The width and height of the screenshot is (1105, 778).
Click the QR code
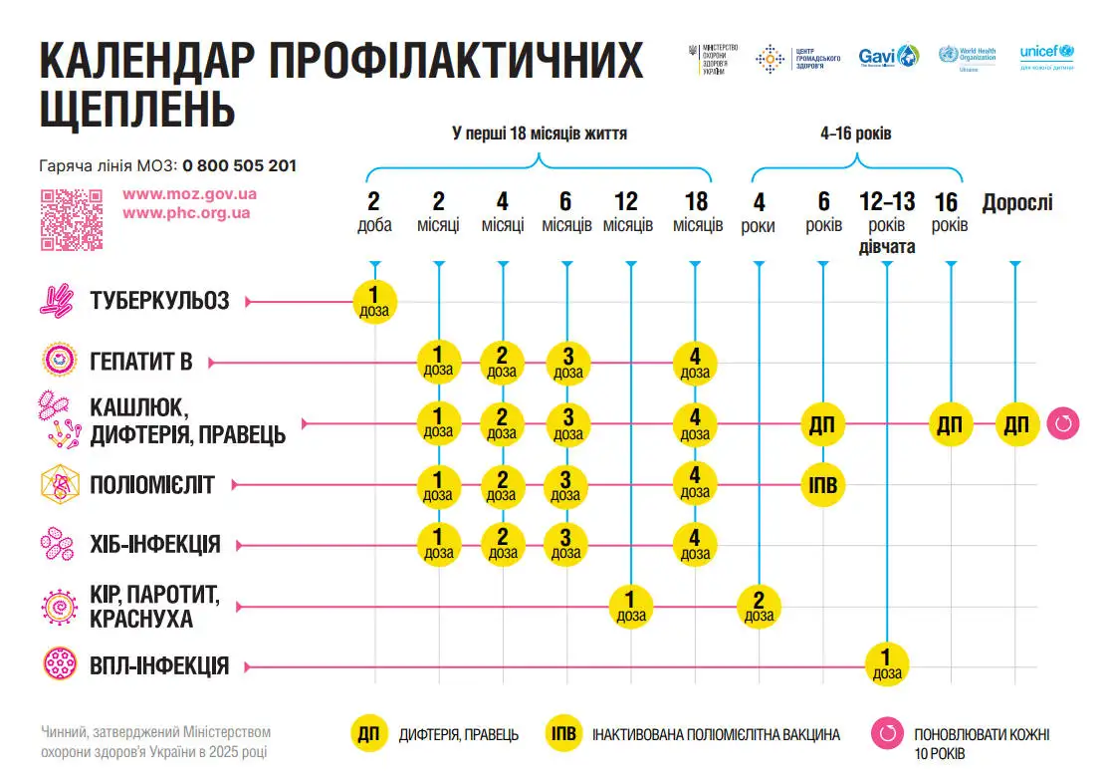tap(72, 219)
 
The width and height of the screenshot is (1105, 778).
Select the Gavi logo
tap(889, 57)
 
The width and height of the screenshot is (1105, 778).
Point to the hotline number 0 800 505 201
tap(239, 166)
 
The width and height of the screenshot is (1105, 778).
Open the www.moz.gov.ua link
tap(189, 194)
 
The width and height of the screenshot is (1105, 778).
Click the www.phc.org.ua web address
tap(186, 213)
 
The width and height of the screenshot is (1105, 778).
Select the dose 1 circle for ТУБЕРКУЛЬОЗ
tap(375, 301)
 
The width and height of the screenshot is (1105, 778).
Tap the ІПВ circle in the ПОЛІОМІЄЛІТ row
tap(823, 486)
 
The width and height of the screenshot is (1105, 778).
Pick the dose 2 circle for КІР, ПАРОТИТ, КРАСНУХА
tap(759, 605)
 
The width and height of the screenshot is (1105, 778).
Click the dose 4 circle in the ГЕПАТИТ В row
tap(695, 363)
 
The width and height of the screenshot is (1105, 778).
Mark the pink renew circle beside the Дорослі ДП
tap(1061, 424)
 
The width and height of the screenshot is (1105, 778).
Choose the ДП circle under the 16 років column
tap(951, 424)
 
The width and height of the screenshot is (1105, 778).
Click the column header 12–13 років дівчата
tap(886, 224)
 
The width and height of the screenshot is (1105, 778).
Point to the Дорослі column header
tap(1016, 203)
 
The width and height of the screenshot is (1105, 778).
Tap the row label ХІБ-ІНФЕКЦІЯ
tap(154, 545)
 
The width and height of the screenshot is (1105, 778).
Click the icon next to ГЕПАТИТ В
tap(58, 361)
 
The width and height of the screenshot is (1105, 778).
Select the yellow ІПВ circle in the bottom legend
tap(564, 734)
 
